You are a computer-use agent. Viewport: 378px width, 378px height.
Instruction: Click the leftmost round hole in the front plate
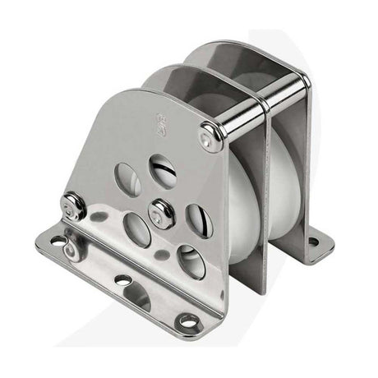tap(127, 178)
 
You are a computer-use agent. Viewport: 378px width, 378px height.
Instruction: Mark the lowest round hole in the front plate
tap(191, 261)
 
